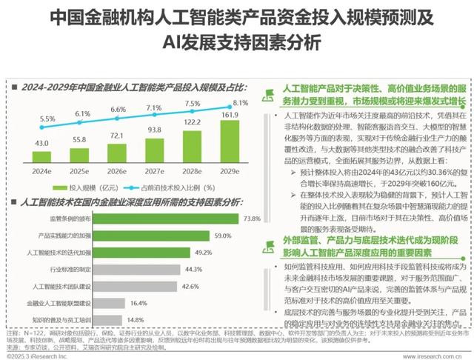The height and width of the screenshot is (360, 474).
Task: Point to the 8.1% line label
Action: tap(240, 103)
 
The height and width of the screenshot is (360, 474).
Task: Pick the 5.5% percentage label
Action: tap(47, 119)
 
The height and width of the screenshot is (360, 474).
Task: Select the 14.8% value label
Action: tap(135, 320)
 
